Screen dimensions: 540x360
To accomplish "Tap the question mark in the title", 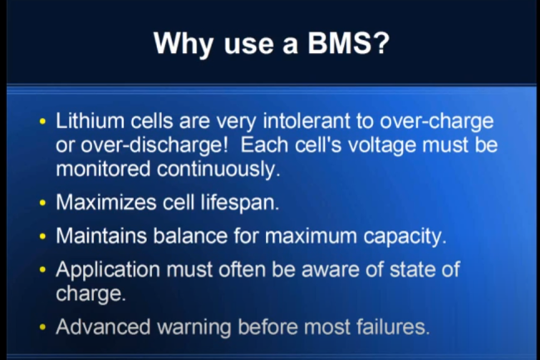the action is (x=381, y=43).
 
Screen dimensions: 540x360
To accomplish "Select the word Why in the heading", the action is (x=184, y=45).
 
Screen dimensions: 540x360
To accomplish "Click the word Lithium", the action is (x=90, y=121).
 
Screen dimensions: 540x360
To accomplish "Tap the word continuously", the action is (x=218, y=170).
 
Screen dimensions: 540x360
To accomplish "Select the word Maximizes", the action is (x=106, y=202).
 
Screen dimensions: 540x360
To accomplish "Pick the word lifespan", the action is (x=240, y=203).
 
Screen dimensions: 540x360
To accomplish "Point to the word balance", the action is (x=190, y=235).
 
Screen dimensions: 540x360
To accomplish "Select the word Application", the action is (x=108, y=270).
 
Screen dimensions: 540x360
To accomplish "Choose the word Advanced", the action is (x=103, y=326).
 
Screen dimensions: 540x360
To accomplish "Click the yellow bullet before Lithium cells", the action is (x=42, y=121).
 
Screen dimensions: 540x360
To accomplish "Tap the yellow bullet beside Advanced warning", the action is (x=42, y=327).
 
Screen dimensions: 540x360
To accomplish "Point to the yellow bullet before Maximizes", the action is (x=42, y=203).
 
